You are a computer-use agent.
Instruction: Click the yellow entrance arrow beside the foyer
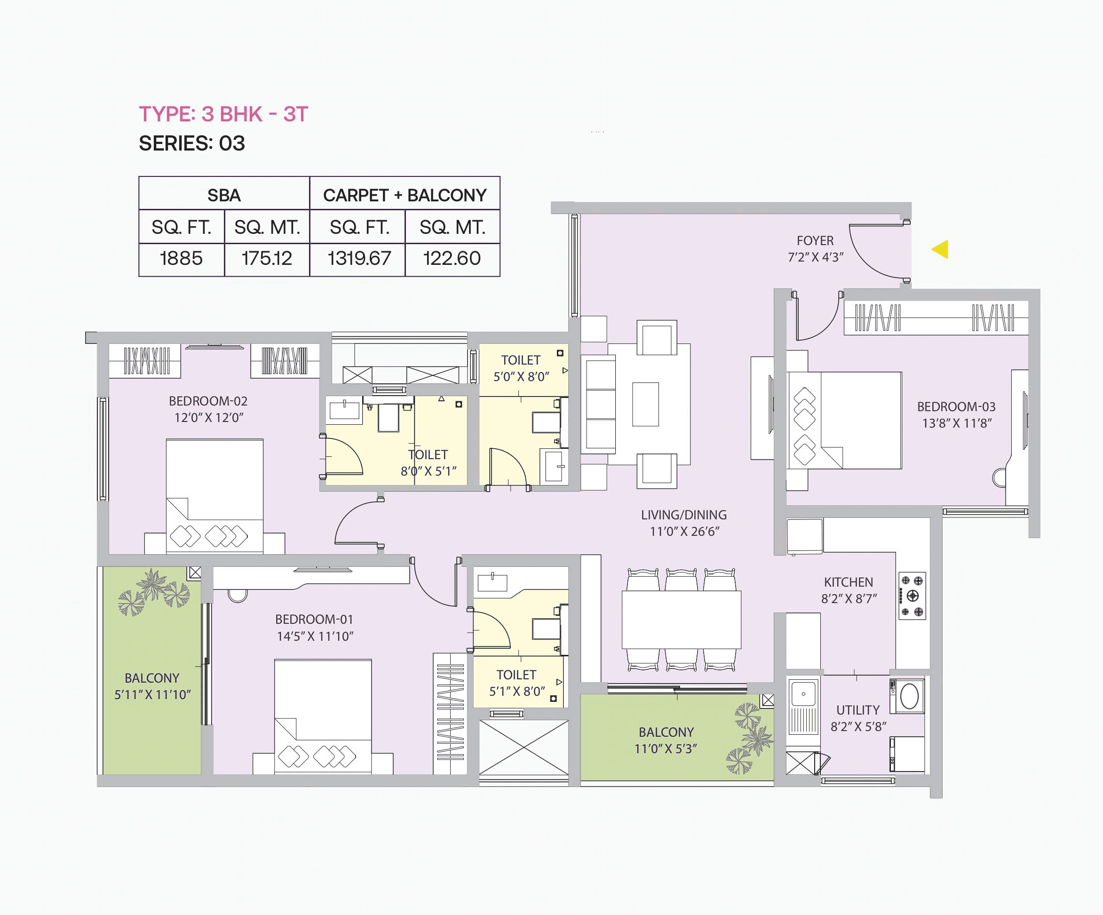coord(941,249)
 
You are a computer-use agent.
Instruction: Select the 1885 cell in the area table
coord(181,258)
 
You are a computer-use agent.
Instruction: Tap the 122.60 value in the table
coord(452,258)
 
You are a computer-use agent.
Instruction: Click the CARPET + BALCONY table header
coord(405,195)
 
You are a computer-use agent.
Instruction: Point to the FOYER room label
coord(815,240)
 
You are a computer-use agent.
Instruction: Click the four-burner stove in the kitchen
coord(912,596)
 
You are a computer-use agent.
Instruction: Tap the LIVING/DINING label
coord(683,515)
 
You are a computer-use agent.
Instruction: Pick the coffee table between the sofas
coord(645,404)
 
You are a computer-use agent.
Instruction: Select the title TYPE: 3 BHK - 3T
coord(223,114)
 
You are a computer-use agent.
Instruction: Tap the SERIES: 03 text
coord(192,143)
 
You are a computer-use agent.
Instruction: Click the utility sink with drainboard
coord(803,707)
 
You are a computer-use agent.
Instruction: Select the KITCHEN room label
coord(848,582)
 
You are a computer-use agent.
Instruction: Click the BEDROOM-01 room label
coord(314,619)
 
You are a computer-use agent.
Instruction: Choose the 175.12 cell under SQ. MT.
coord(266,258)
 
